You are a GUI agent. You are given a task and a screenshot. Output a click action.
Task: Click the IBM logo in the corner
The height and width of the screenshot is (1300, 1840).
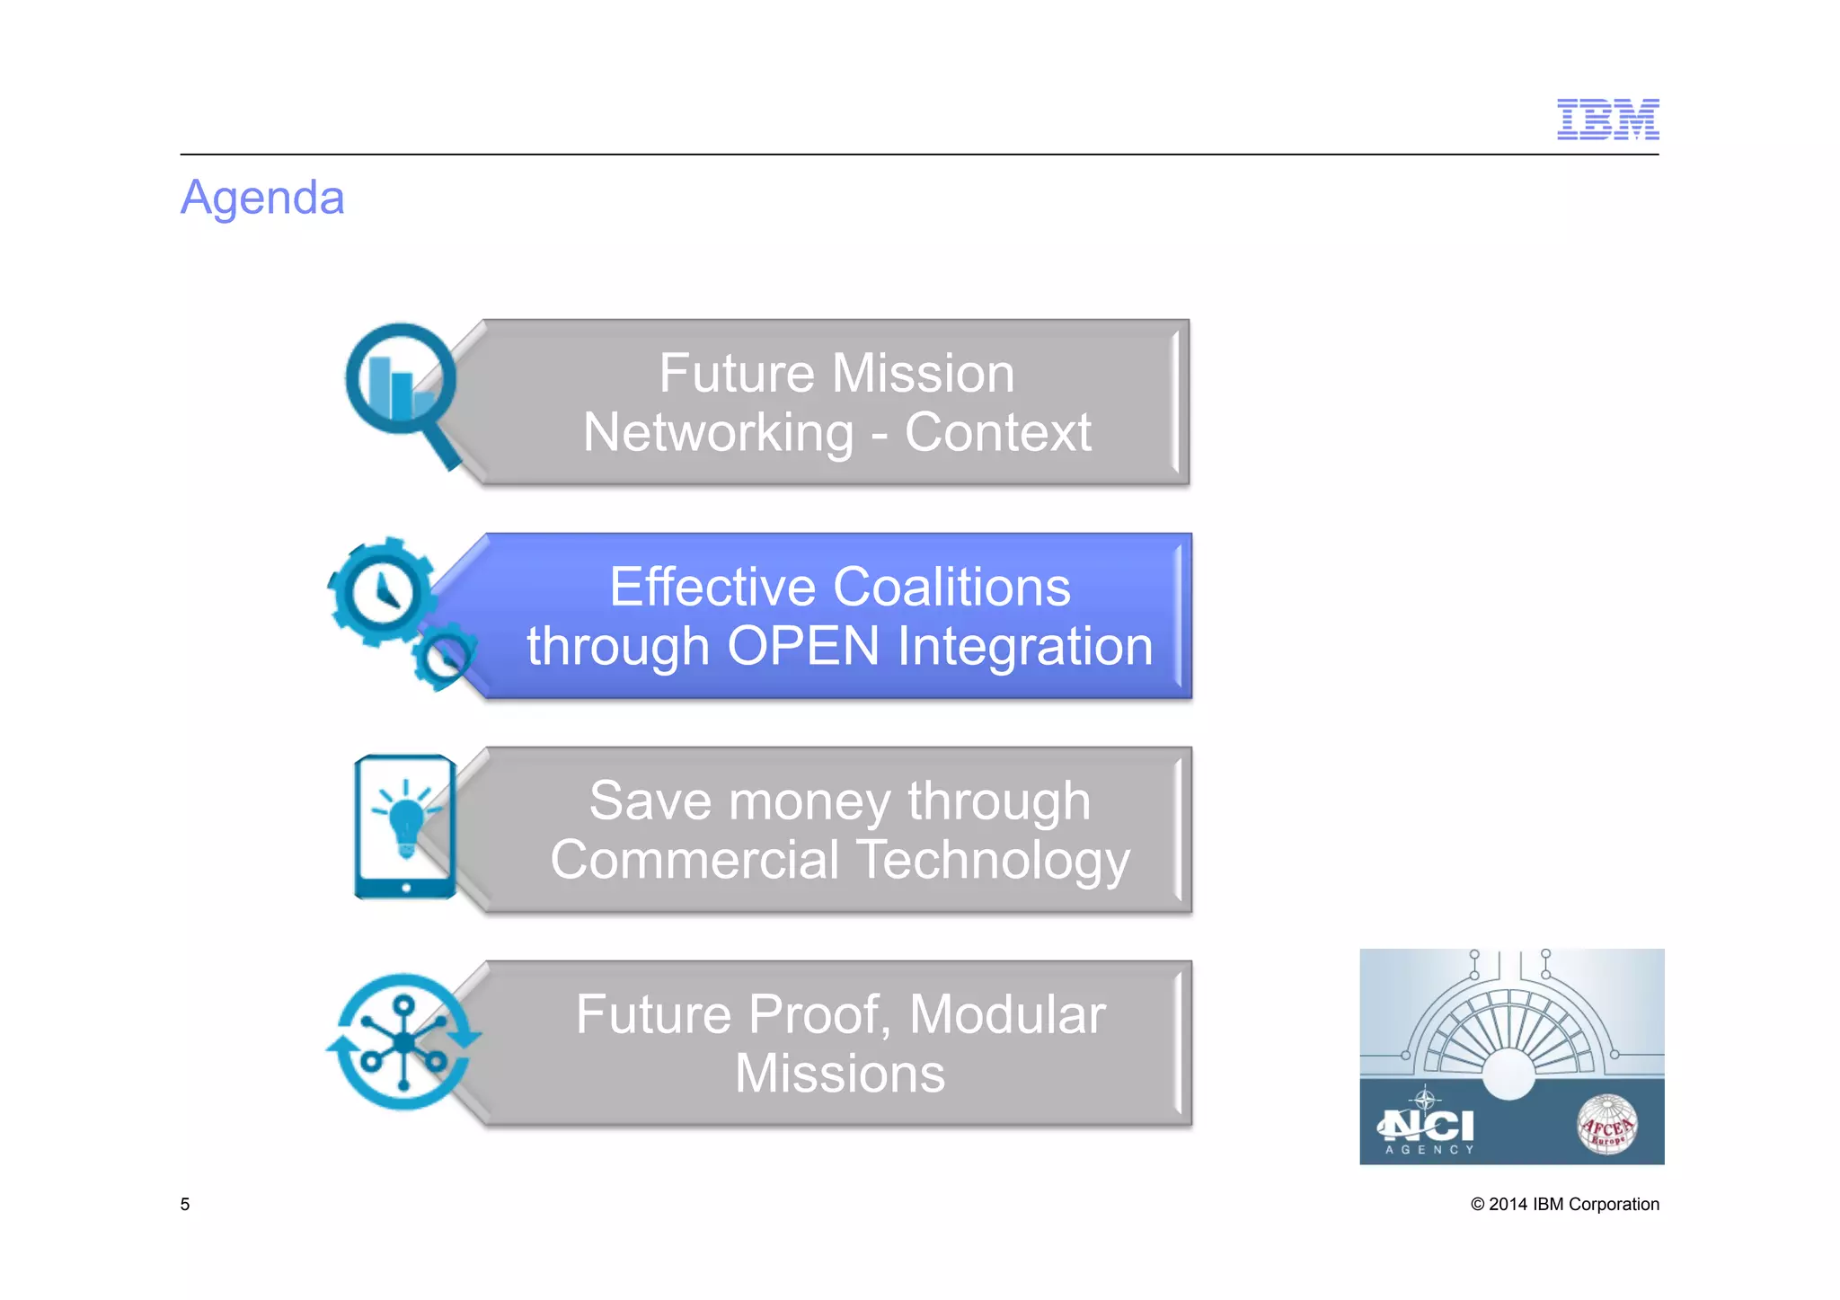[1607, 119]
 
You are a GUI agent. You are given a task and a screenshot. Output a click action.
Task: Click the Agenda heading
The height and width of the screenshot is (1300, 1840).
[262, 198]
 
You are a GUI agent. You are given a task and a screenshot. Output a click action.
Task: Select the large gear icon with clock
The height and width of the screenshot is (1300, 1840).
[381, 593]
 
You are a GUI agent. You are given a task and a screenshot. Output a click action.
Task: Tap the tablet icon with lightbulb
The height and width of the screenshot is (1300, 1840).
[405, 827]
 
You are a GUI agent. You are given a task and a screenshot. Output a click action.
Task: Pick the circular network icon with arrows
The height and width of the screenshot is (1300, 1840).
[403, 1042]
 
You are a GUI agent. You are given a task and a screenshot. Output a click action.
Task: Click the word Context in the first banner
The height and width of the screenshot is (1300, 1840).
[997, 433]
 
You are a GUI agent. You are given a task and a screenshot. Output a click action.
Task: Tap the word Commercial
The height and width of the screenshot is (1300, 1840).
[694, 861]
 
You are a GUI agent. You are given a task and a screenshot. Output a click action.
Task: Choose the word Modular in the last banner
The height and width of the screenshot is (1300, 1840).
[1006, 1015]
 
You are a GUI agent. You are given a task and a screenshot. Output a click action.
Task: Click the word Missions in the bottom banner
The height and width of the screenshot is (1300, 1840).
[839, 1074]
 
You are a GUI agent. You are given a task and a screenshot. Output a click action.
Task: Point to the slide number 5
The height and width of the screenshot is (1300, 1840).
[185, 1204]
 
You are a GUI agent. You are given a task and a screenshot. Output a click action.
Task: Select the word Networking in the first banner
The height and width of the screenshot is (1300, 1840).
[718, 433]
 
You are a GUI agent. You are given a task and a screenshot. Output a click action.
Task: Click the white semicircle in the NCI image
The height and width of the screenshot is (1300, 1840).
[1508, 1073]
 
